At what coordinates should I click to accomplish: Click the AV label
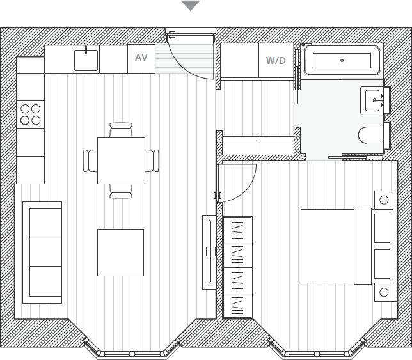pos(141,58)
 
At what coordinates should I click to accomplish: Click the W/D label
pos(276,61)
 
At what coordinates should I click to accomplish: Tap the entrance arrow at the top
pos(190,6)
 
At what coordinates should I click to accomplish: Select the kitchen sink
pos(86,60)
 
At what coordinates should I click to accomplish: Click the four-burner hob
pos(30,114)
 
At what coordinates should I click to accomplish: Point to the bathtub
pos(342,61)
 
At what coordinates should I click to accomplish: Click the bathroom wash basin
pos(372,100)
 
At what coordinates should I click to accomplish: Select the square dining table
pos(121,160)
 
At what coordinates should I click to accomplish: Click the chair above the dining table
pos(121,130)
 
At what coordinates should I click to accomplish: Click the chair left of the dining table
pos(90,160)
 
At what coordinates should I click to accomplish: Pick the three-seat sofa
pos(43,252)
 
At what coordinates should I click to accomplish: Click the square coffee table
pos(120,252)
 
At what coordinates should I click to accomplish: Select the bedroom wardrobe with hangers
pos(237,267)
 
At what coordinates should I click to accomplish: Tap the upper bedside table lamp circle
pos(384,200)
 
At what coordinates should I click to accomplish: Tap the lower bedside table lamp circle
pos(384,292)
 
